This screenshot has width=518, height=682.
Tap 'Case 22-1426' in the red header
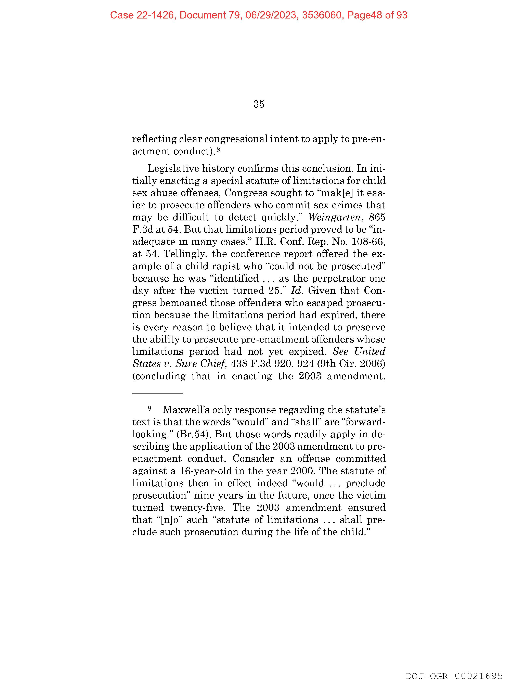[142, 15]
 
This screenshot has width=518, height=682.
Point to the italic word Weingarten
[334, 217]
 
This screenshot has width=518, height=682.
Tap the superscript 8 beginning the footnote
[150, 409]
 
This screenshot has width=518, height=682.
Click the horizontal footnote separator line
[158, 393]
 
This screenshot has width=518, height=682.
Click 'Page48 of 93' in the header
[377, 15]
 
